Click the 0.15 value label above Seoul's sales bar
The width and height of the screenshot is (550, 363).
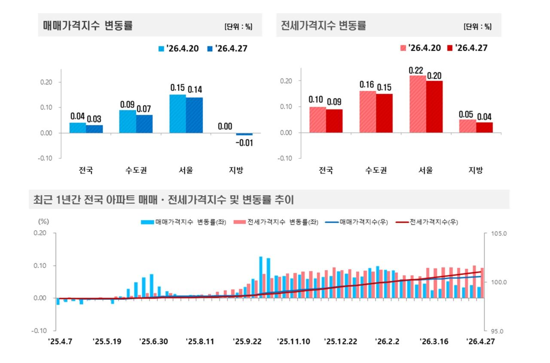click(x=177, y=88)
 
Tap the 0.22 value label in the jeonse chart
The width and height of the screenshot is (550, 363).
click(x=418, y=69)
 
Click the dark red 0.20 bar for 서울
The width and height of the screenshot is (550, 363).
click(x=434, y=107)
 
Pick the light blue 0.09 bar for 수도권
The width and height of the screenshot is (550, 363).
click(x=128, y=122)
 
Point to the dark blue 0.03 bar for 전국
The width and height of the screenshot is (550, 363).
click(x=95, y=129)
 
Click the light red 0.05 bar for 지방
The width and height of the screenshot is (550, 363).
click(x=467, y=126)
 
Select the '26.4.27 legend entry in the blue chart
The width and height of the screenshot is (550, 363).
click(x=227, y=49)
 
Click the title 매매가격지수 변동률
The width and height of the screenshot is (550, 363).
click(x=88, y=26)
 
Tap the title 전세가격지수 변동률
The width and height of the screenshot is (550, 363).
click(x=323, y=26)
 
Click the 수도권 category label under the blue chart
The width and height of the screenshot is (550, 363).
click(x=136, y=170)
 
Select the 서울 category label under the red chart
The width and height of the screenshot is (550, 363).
click(x=426, y=170)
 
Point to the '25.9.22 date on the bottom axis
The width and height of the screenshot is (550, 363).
click(x=247, y=342)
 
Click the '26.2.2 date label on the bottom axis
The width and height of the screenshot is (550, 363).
click(x=387, y=342)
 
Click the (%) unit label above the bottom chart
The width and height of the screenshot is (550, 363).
click(x=44, y=222)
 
